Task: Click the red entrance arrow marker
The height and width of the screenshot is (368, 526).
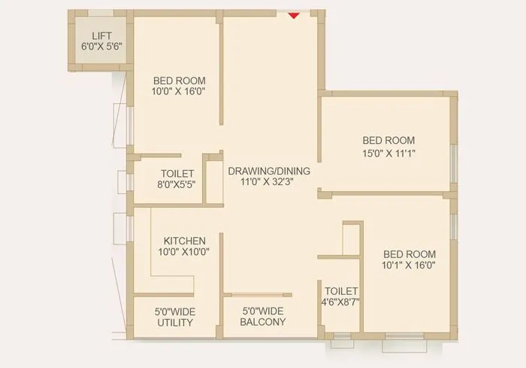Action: [x=294, y=14]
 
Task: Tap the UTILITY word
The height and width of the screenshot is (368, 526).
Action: [x=175, y=323]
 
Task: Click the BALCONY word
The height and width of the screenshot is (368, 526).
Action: [x=262, y=323]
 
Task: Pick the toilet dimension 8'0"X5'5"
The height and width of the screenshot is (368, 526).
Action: [x=177, y=184]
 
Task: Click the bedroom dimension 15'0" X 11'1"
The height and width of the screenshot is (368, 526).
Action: [x=388, y=153]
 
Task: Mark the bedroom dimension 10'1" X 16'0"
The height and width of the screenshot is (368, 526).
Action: [x=409, y=265]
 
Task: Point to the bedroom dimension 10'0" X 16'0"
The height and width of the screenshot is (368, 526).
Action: [x=179, y=92]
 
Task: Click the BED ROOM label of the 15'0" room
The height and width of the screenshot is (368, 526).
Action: [x=388, y=141]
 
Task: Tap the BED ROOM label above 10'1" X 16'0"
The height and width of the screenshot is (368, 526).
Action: [x=409, y=254]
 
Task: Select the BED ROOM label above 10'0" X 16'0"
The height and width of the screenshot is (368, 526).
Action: [x=179, y=81]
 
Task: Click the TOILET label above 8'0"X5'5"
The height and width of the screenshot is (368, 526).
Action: [x=177, y=173]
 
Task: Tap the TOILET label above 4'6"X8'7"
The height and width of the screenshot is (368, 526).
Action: [x=342, y=290]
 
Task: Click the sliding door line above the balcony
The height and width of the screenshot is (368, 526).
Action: [x=256, y=295]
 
